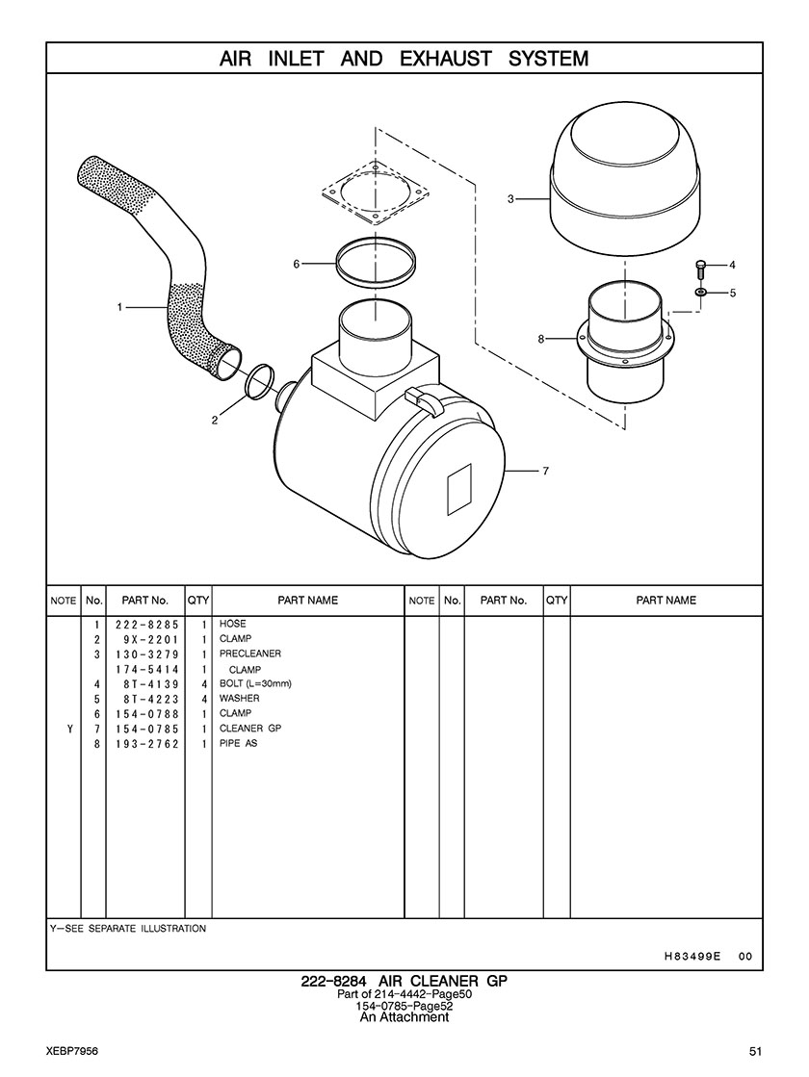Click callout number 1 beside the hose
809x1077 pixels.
coord(119,307)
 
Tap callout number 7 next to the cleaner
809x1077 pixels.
coord(545,471)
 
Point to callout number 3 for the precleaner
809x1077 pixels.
coord(510,199)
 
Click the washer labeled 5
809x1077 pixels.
coord(701,292)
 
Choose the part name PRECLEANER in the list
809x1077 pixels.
coord(250,654)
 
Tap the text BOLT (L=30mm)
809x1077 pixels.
coord(255,683)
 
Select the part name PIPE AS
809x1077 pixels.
coord(239,744)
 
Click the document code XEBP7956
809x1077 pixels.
coord(72,1050)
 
